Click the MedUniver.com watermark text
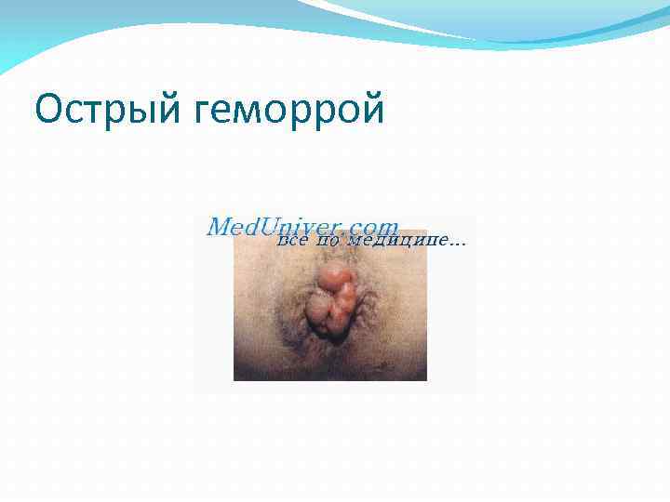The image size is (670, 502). (x=302, y=227)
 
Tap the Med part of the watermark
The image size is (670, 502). (x=229, y=227)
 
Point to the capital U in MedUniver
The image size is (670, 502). (x=271, y=227)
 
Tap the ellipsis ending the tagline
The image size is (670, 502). (x=457, y=243)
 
